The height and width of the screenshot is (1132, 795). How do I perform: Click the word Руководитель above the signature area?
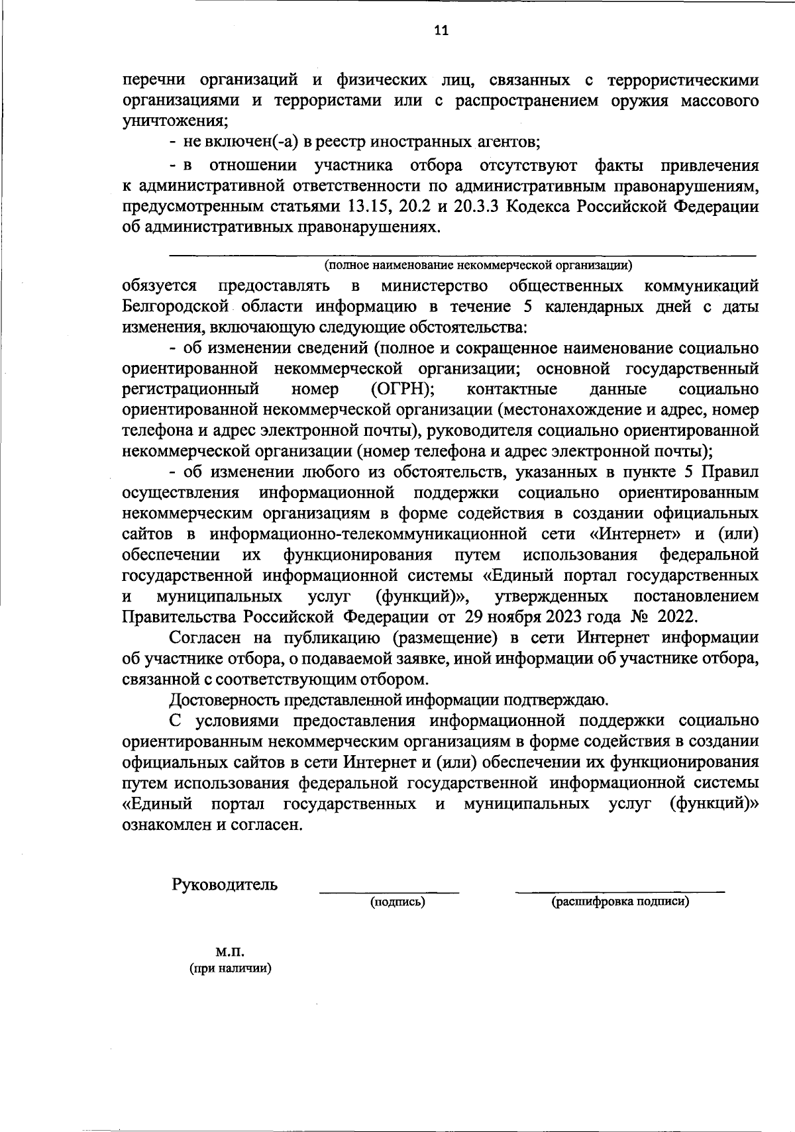(225, 884)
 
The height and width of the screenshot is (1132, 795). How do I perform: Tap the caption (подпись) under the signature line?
(397, 901)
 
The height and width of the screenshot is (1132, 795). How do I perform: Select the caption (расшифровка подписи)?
(620, 901)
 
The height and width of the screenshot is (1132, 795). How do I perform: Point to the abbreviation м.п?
(230, 952)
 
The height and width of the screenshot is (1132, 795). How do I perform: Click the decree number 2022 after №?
(677, 617)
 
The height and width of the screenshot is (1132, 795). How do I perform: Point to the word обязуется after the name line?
(159, 286)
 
